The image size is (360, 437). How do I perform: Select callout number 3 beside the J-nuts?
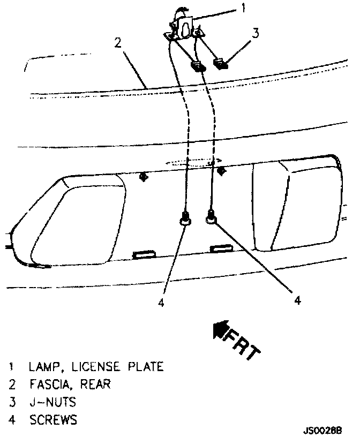click(256, 33)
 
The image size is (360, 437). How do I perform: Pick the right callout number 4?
click(297, 300)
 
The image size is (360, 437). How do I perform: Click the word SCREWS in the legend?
click(53, 420)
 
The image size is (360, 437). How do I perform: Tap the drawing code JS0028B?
click(322, 430)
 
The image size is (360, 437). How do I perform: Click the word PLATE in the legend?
click(145, 367)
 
